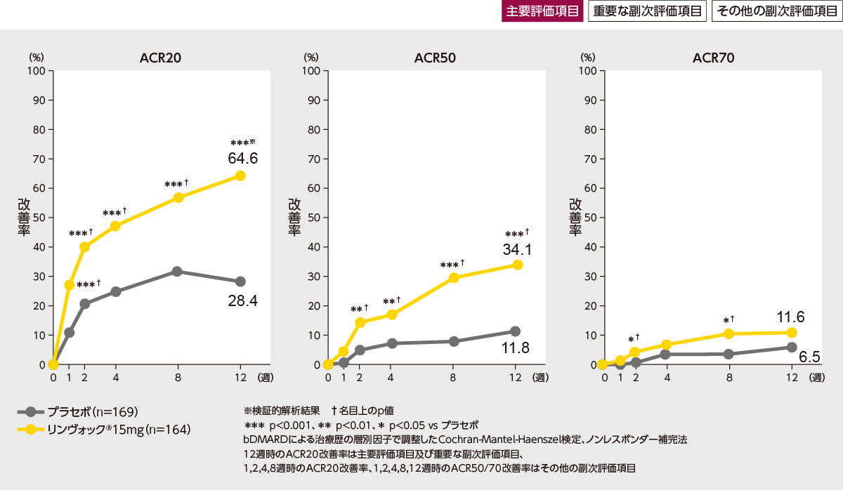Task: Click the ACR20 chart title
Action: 161,58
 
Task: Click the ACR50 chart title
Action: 436,58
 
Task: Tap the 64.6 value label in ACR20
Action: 242,159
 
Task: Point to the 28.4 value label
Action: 242,301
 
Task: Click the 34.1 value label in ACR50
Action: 517,249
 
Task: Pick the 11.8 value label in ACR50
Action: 515,348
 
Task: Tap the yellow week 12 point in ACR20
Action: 240,176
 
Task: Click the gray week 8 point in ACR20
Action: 178,272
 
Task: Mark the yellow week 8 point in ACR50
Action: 454,277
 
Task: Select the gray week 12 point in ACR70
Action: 792,347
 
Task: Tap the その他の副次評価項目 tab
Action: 776,12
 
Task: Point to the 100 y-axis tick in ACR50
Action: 311,70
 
